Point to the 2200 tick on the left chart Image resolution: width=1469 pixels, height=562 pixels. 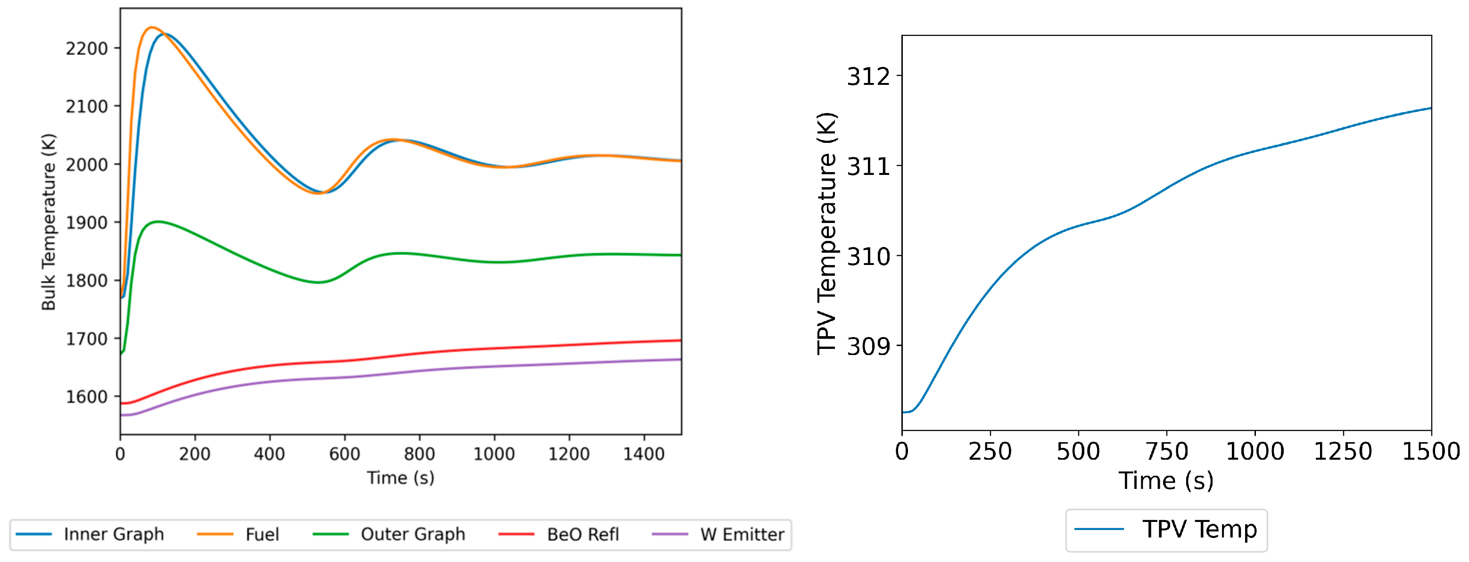86,49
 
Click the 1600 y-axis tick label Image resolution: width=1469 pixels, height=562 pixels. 86,397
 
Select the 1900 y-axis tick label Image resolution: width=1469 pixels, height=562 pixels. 86,223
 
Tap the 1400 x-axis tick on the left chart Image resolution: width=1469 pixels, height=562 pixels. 644,454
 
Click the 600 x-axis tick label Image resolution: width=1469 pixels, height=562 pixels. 345,454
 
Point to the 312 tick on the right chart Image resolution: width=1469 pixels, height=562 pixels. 868,76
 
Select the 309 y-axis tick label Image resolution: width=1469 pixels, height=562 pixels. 868,347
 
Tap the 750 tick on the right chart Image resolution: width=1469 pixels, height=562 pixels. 1166,452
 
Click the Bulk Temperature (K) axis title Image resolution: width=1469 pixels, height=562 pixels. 49,222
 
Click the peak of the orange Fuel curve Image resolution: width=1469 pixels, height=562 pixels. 152,27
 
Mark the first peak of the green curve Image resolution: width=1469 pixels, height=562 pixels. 157,222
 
